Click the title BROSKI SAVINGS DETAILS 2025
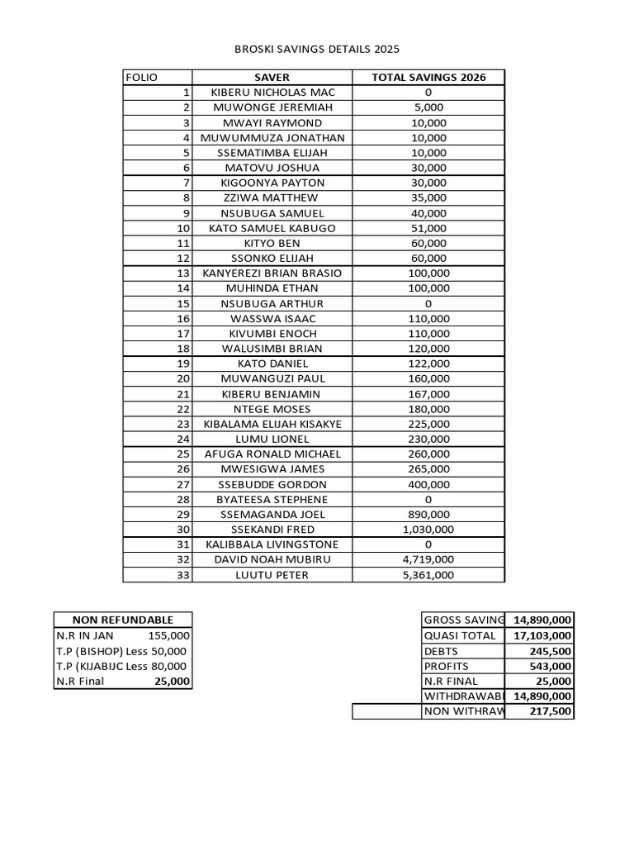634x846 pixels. [317, 50]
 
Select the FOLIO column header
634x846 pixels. [141, 78]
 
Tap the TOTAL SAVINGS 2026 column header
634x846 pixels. [428, 78]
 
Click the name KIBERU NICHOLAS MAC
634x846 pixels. [272, 93]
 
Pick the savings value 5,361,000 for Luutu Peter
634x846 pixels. [428, 575]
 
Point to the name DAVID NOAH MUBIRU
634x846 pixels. [272, 560]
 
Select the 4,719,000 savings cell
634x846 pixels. [428, 560]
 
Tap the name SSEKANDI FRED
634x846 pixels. [272, 530]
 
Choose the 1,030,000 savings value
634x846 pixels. [428, 530]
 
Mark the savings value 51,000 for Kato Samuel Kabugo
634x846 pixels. [428, 228]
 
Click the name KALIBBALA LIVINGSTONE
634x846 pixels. [272, 544]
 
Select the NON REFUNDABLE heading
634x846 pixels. [123, 620]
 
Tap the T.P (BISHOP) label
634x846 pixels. [88, 651]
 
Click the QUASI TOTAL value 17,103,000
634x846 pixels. [541, 635]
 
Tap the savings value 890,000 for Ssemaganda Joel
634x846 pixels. [428, 515]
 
